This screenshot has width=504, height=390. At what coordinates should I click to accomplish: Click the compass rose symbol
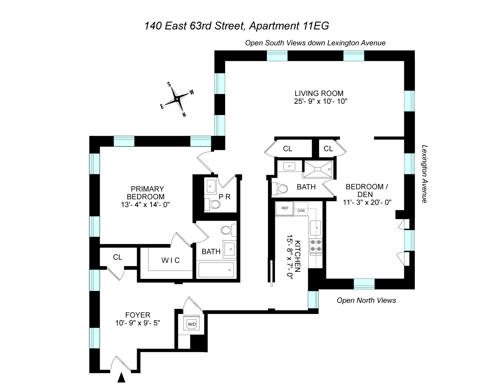[178, 99]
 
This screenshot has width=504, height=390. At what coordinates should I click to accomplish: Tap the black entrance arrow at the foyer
[122, 377]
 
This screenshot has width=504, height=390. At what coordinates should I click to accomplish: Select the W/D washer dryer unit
[192, 324]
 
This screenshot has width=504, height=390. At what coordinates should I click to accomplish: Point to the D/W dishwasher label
[301, 211]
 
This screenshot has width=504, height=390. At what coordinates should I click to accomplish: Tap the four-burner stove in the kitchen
[316, 245]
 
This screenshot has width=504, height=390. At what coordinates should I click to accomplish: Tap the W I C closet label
[171, 260]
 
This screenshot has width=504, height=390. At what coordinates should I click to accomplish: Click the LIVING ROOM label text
[319, 93]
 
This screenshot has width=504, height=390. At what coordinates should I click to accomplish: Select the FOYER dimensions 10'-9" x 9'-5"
[137, 323]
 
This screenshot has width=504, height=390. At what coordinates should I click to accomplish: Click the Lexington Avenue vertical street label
[424, 174]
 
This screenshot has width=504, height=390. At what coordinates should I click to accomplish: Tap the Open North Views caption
[366, 300]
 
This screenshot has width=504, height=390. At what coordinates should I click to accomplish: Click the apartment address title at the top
[236, 26]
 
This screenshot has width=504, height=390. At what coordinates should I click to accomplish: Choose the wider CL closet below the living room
[288, 149]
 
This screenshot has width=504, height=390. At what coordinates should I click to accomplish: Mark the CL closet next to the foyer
[117, 257]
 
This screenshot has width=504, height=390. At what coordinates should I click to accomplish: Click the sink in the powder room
[211, 186]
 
